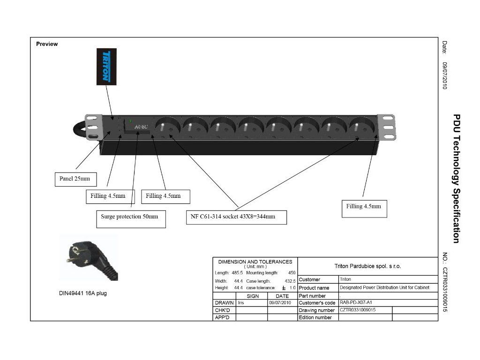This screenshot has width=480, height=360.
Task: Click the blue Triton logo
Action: (106, 67)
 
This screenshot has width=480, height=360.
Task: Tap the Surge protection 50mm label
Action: (130, 217)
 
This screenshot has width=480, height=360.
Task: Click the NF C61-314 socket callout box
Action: (236, 217)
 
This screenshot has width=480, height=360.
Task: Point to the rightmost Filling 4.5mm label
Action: (364, 206)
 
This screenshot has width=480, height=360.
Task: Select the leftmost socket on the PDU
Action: (167, 127)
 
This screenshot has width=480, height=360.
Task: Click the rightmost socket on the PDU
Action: (362, 127)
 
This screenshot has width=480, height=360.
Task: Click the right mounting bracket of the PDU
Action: (386, 127)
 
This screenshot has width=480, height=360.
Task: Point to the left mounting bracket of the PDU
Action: (93, 127)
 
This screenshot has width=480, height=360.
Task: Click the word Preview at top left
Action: (47, 44)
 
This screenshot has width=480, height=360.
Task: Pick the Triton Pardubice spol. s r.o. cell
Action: (367, 266)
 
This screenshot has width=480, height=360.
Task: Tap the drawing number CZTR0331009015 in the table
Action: (358, 310)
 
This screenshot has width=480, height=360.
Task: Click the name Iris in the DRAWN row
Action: (241, 303)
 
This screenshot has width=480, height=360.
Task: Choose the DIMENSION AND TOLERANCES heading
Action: (255, 262)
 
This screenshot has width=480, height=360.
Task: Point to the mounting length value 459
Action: (292, 272)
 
